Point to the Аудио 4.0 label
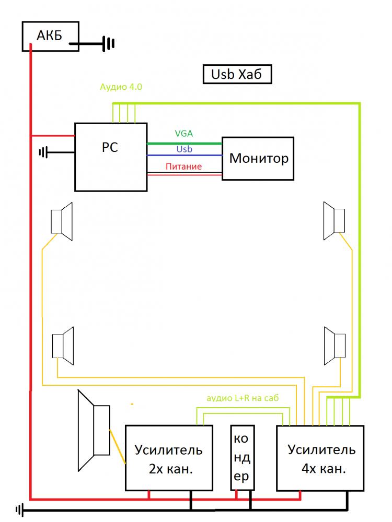pyautogui.click(x=121, y=87)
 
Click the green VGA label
pyautogui.click(x=184, y=134)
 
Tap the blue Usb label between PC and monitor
pyautogui.click(x=185, y=149)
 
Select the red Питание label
pyautogui.click(x=183, y=166)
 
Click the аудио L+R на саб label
pyautogui.click(x=243, y=398)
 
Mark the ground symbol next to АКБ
pyautogui.click(x=108, y=44)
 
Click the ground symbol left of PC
pyautogui.click(x=44, y=152)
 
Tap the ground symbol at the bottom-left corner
pyautogui.click(x=20, y=509)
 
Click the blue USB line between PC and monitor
pyautogui.click(x=185, y=155)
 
